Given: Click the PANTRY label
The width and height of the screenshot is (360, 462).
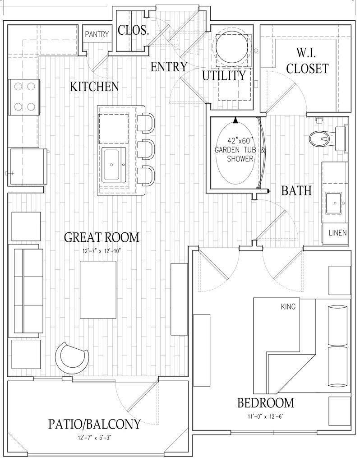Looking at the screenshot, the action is pyautogui.click(x=97, y=34).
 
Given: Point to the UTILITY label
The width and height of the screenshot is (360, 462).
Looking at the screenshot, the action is pyautogui.click(x=224, y=75).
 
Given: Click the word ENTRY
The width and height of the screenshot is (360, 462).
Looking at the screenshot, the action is pyautogui.click(x=169, y=67).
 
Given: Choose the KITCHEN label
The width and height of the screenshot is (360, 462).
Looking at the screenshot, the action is pyautogui.click(x=94, y=87).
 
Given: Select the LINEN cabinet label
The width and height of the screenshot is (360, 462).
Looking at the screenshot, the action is pyautogui.click(x=337, y=233).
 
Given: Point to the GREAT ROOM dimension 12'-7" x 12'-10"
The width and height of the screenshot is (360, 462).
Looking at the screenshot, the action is pyautogui.click(x=102, y=250).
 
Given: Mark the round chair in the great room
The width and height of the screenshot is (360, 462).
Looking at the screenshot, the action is pyautogui.click(x=72, y=356).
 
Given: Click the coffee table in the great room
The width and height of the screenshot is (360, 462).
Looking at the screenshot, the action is pyautogui.click(x=98, y=285).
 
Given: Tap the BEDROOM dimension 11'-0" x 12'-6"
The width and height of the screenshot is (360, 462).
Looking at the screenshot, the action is pyautogui.click(x=265, y=416).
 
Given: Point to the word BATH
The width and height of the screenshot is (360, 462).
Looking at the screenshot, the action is pyautogui.click(x=296, y=191).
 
